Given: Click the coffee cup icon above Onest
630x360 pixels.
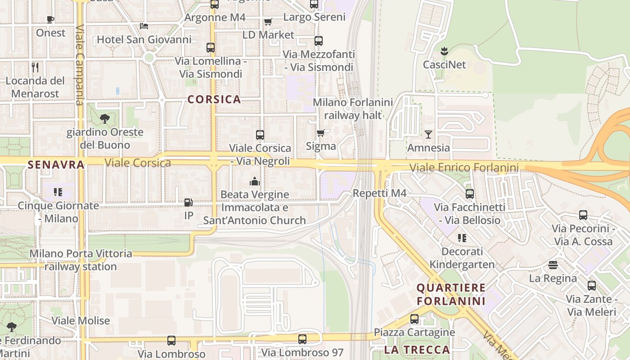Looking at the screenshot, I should [x=50, y=19].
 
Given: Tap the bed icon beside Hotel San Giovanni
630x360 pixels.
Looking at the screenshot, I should [x=144, y=26].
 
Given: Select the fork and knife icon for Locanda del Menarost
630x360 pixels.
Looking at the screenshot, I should [x=35, y=67].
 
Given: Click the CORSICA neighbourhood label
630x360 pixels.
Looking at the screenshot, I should [x=214, y=99].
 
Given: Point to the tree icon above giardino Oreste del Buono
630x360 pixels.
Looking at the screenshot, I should [x=105, y=119].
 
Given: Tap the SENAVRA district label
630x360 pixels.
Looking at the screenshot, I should [x=56, y=165].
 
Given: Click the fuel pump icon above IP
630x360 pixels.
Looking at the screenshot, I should [x=189, y=202].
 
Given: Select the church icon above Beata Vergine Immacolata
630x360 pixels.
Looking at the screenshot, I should [x=255, y=181].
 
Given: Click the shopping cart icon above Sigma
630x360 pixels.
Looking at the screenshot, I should [x=321, y=133].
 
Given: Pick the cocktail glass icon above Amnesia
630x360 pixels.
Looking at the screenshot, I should [x=428, y=134].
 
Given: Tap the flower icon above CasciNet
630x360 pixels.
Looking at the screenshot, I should [x=444, y=51].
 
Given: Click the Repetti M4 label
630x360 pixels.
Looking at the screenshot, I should [x=379, y=193].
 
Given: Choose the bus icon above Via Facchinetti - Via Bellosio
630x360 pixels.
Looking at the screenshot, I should [x=470, y=194].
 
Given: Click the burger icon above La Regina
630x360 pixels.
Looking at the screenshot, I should [x=553, y=265].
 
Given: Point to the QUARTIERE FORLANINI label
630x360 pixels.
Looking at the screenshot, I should [x=451, y=294].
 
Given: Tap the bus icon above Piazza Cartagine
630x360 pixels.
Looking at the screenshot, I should [x=414, y=319].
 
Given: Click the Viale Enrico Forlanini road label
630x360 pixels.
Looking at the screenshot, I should [x=464, y=168].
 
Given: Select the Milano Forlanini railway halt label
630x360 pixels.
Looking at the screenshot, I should [x=353, y=109].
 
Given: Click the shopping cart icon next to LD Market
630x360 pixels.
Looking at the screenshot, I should [x=268, y=22].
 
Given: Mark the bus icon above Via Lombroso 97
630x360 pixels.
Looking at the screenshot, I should [x=302, y=339].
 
